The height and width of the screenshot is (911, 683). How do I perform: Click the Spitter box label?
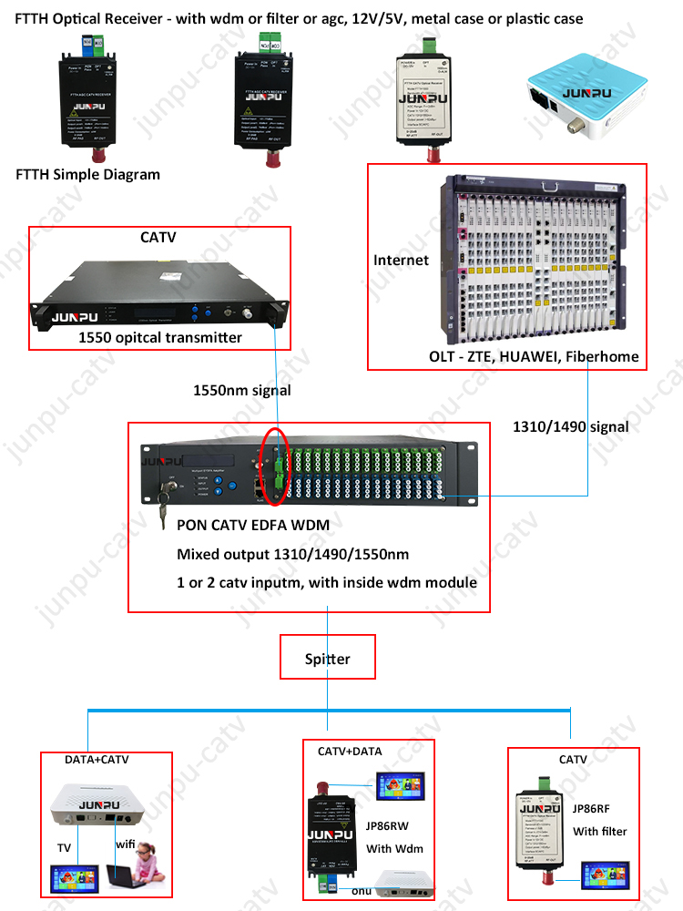(328, 658)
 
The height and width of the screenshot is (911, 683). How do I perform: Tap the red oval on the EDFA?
(274, 465)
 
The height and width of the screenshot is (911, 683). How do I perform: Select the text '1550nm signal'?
(242, 390)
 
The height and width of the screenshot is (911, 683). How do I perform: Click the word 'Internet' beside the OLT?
(401, 261)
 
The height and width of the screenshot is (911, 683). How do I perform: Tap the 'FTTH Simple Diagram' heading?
(87, 175)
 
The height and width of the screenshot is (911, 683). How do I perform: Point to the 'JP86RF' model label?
(593, 807)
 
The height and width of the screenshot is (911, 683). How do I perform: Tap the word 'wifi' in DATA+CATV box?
(126, 844)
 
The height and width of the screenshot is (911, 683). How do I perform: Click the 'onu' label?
(361, 893)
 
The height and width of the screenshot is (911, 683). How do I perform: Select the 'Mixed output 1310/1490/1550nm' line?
(292, 554)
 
